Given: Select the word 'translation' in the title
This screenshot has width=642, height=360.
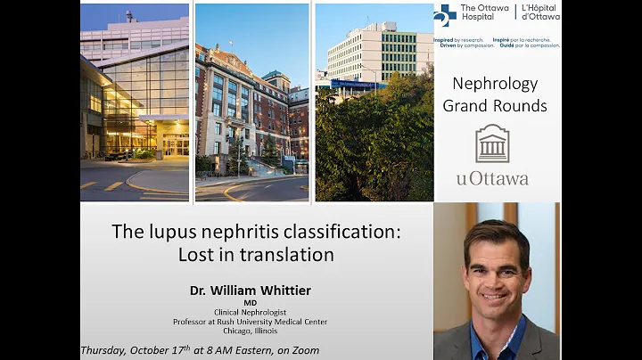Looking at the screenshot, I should [290, 255].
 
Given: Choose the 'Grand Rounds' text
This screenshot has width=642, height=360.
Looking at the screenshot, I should [495, 106].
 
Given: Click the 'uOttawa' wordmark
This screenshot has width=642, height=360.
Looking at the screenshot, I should [492, 178].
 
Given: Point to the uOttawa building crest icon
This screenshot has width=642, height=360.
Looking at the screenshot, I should [492, 143].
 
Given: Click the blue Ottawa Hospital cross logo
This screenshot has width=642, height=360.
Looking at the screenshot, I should [445, 15].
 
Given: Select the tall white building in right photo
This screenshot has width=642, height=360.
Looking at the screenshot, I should [374, 58].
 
